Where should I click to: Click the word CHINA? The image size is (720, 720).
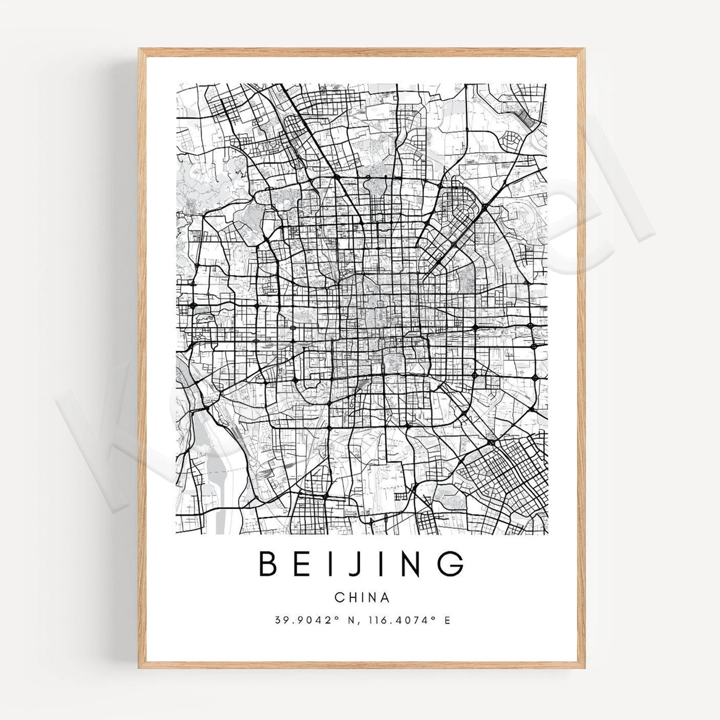click(362, 598)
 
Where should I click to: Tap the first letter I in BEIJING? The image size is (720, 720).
click(334, 564)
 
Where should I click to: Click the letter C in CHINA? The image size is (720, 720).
click(339, 598)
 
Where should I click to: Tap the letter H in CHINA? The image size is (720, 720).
click(351, 598)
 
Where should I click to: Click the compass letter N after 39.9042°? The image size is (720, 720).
click(352, 621)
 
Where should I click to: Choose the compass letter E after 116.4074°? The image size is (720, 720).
click(447, 621)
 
